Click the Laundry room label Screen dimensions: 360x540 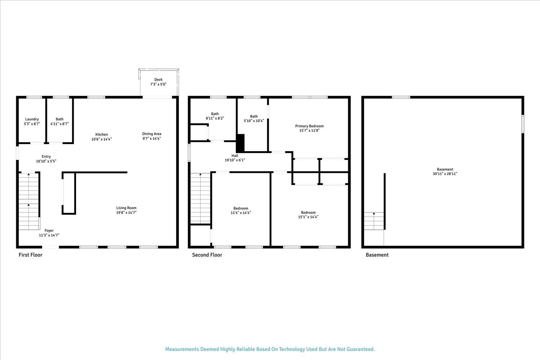[32, 119]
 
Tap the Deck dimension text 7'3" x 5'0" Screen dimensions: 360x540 [158, 84]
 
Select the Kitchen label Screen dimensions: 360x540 [102, 135]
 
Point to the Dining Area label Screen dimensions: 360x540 [152, 134]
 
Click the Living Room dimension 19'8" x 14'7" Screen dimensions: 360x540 [126, 212]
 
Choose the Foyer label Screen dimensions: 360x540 [49, 231]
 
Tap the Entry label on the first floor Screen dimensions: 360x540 [46, 157]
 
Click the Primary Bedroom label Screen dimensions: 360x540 [309, 126]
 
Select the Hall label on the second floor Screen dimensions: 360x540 [235, 156]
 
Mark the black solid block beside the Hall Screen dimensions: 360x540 [240, 143]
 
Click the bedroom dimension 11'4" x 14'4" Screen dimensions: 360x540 [241, 213]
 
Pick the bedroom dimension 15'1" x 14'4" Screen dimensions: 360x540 [308, 217]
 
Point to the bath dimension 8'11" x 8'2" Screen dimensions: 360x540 [215, 118]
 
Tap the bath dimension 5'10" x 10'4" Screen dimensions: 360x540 [254, 121]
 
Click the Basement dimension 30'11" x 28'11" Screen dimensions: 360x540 [445, 174]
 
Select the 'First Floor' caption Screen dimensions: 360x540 [31, 255]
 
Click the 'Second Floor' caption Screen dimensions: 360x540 [207, 255]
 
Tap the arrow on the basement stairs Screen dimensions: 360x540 [374, 214]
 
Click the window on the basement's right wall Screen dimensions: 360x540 [523, 124]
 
